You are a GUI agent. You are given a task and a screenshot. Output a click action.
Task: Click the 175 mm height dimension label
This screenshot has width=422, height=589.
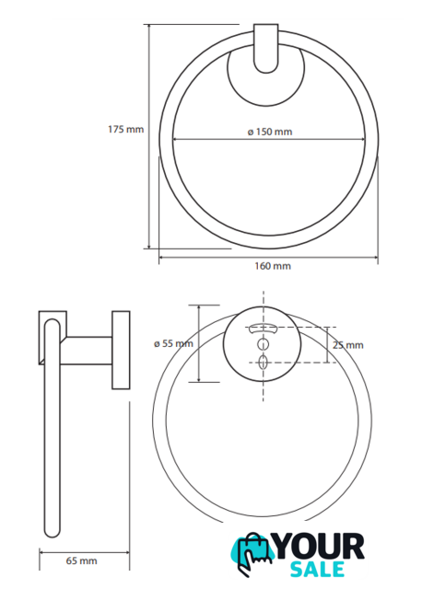tap(125, 130)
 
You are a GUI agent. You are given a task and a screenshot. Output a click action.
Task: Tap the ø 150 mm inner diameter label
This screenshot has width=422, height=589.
tap(270, 132)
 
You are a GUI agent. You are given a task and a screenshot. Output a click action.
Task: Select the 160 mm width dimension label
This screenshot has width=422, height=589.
tap(273, 266)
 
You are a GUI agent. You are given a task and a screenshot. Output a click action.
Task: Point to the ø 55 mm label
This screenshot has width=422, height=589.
tap(173, 343)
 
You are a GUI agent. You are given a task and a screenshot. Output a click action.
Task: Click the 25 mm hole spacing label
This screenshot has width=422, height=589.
tap(348, 345)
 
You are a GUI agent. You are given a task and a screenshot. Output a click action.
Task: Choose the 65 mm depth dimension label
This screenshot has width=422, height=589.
tap(82, 560)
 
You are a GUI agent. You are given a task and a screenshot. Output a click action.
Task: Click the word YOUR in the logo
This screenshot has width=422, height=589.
tap(320, 547)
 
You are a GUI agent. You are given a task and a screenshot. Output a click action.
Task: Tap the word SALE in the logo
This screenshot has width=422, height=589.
tap(318, 569)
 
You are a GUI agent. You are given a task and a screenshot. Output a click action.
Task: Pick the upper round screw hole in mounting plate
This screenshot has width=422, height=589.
tap(263, 343)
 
